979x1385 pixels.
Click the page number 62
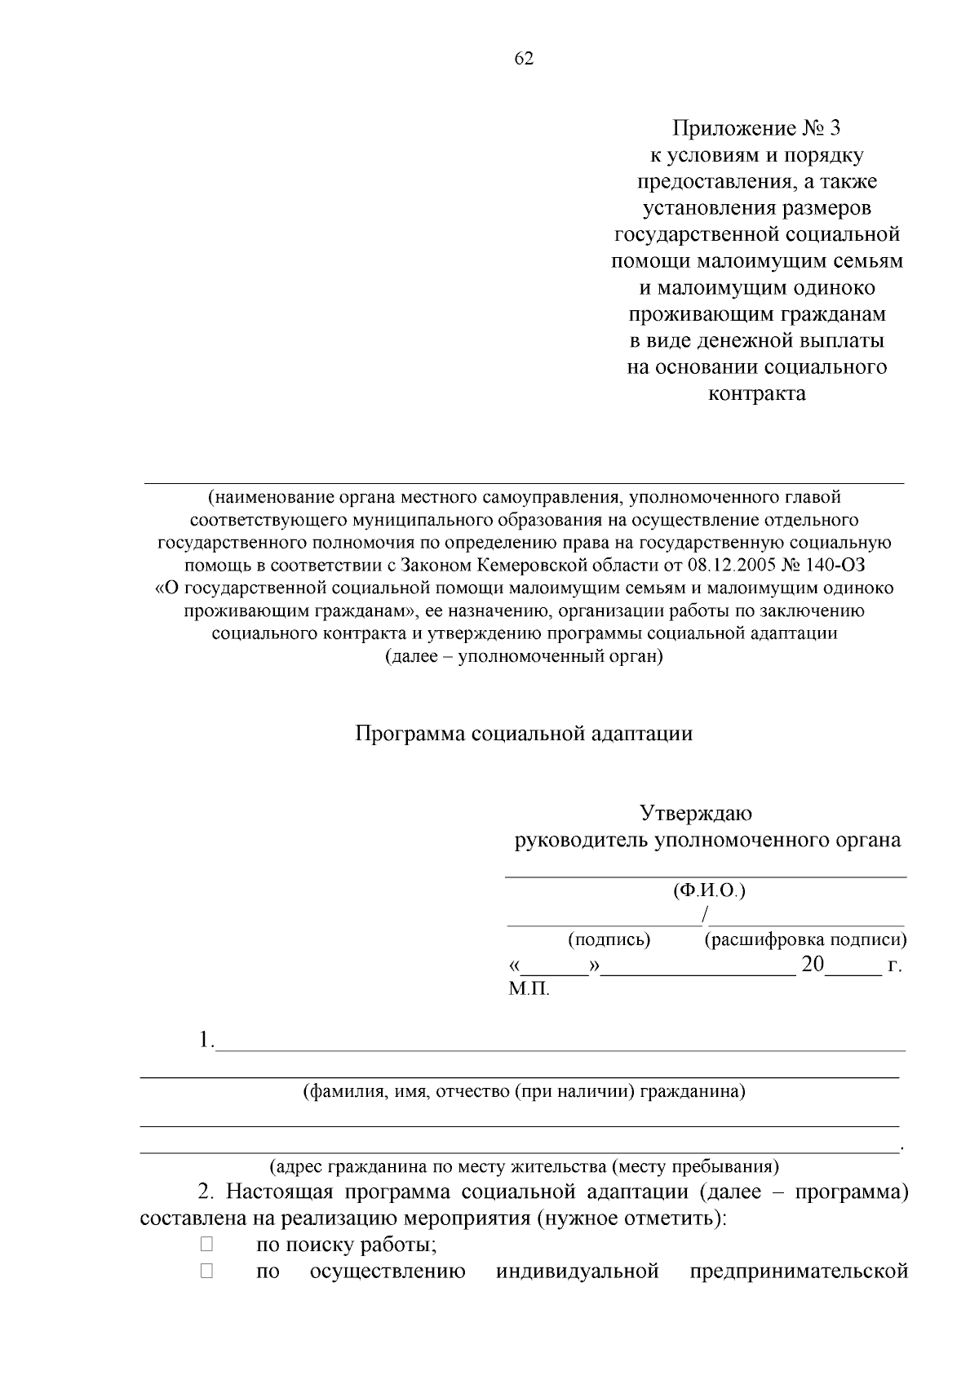coord(524,59)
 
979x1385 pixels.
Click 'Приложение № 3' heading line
coord(755,129)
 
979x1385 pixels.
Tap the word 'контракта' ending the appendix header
coord(755,394)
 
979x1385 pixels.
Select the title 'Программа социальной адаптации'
coord(524,733)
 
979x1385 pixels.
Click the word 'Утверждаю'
coord(695,814)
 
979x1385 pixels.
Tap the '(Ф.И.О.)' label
coord(708,890)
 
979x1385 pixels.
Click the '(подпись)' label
coord(609,939)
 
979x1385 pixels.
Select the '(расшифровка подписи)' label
coord(805,939)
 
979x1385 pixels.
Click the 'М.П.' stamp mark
coord(529,990)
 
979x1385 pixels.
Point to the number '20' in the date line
coord(813,965)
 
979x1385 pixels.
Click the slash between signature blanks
coord(704,914)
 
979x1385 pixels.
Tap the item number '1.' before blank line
coord(206,1041)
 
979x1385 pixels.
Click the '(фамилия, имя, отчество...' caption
coord(524,1091)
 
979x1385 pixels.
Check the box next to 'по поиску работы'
coord(206,1245)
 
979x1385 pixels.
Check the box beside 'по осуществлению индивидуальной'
coord(206,1271)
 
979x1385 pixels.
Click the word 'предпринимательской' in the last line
coord(799,1272)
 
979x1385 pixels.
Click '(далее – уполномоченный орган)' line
coord(524,656)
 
